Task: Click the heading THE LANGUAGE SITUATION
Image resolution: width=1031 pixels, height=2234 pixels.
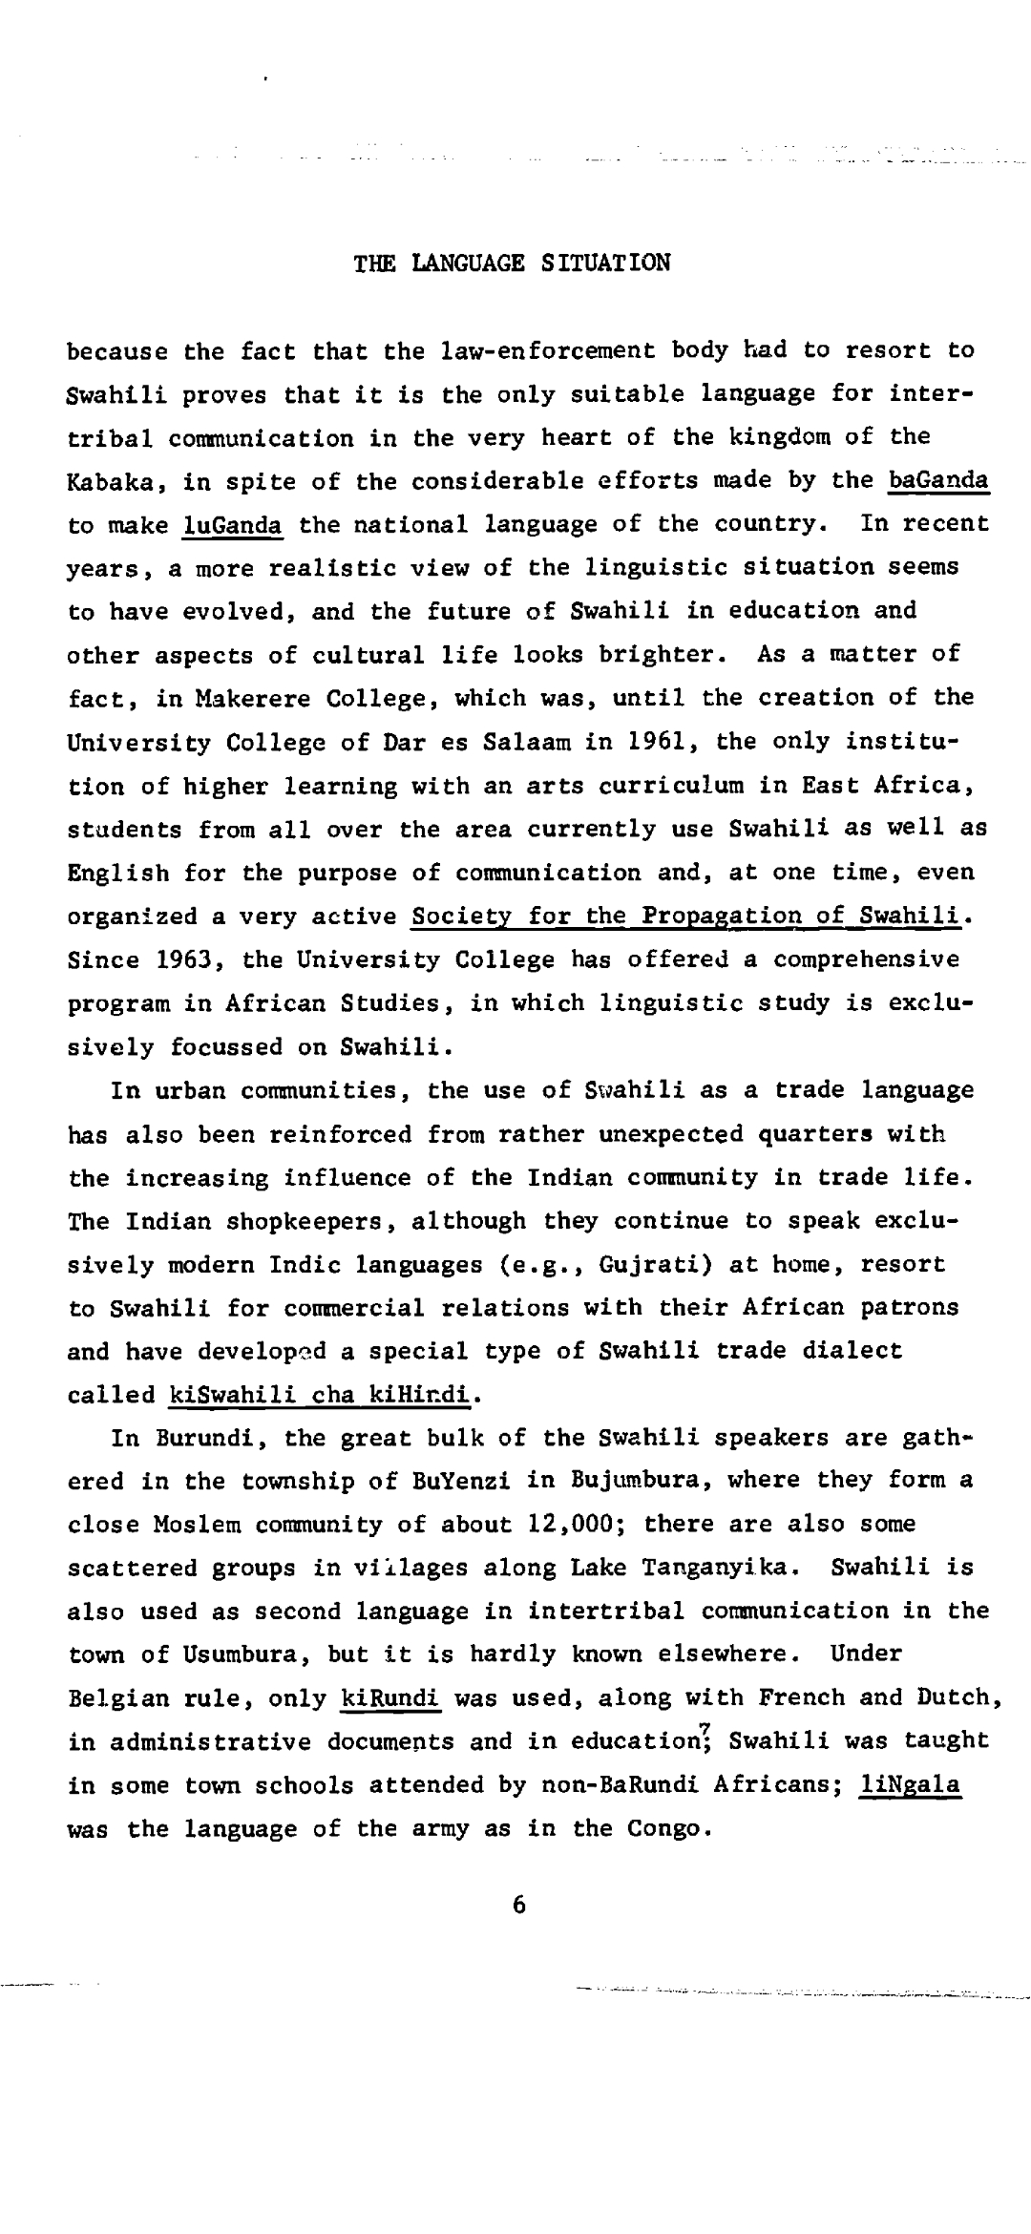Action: click(x=512, y=263)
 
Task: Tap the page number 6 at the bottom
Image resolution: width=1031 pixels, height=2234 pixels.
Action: click(x=519, y=1905)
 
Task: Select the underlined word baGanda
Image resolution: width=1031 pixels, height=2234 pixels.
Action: click(x=937, y=480)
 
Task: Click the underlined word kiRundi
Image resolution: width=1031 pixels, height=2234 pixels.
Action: click(x=389, y=1698)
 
